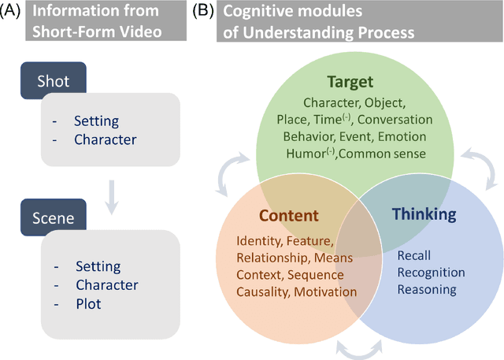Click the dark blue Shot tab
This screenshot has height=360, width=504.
pyautogui.click(x=52, y=81)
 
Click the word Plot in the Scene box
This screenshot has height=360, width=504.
pyautogui.click(x=89, y=302)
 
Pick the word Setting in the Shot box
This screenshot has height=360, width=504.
pyautogui.click(x=96, y=122)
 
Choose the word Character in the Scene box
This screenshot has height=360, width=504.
pyautogui.click(x=106, y=284)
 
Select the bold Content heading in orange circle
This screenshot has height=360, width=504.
pyautogui.click(x=289, y=216)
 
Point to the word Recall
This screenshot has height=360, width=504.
pyautogui.click(x=414, y=256)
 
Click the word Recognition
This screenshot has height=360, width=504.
pyautogui.click(x=431, y=273)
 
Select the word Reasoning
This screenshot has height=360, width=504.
pyautogui.click(x=427, y=289)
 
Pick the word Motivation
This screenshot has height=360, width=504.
pyautogui.click(x=325, y=292)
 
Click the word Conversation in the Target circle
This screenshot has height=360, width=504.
pyautogui.click(x=394, y=120)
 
